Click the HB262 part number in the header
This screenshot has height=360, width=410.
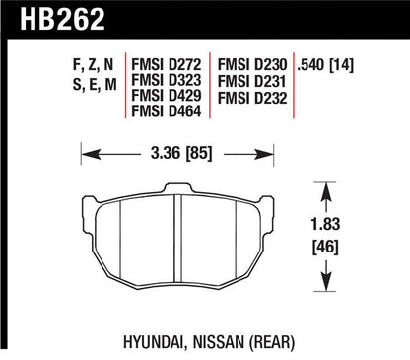pyautogui.click(x=62, y=19)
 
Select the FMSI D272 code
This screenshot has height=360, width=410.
pyautogui.click(x=166, y=64)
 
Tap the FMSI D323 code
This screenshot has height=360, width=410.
pyautogui.click(x=166, y=80)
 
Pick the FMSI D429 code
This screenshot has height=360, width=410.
pyautogui.click(x=166, y=96)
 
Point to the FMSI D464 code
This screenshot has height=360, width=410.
pyautogui.click(x=166, y=111)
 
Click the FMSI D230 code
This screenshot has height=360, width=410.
pyautogui.click(x=252, y=64)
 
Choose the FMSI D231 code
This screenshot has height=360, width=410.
pyautogui.click(x=252, y=81)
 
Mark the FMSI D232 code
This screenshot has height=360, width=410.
pyautogui.click(x=252, y=98)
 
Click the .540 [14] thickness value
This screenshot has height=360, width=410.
pyautogui.click(x=325, y=65)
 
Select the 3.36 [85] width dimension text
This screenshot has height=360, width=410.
pyautogui.click(x=181, y=153)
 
